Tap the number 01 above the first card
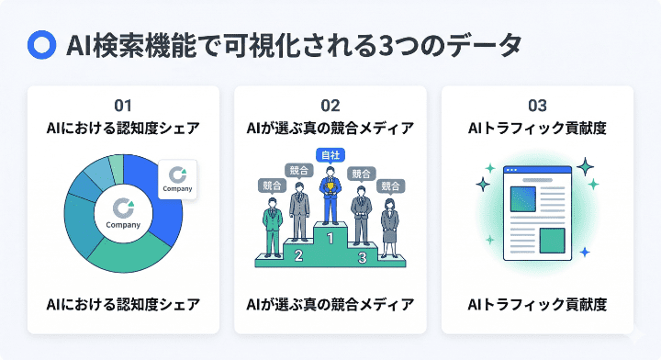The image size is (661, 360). tap(123, 104)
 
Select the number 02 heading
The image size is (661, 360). tap(330, 104)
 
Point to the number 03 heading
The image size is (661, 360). tap(537, 104)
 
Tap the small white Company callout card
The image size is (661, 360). tap(178, 178)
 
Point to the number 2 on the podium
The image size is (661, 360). tap(297, 255)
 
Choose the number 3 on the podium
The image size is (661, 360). tap(362, 257)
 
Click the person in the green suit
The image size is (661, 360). tap(272, 221)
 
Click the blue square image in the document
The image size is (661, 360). tap(524, 199)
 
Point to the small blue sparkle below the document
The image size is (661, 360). tap(585, 251)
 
